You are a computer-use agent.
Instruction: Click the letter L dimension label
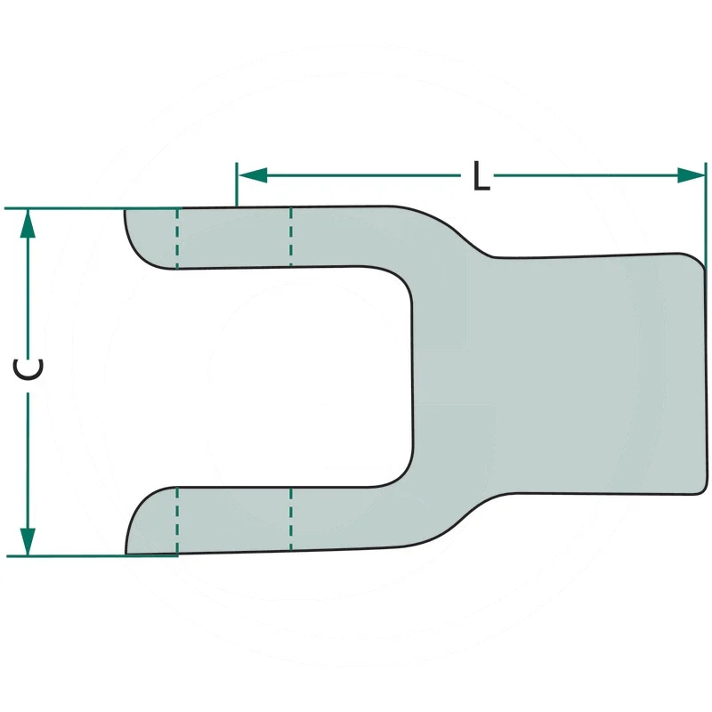pyautogui.click(x=481, y=175)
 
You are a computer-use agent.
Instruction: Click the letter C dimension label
pyautogui.click(x=28, y=369)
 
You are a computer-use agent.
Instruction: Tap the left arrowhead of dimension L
pyautogui.click(x=253, y=175)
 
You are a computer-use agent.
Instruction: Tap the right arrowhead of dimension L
pyautogui.click(x=691, y=175)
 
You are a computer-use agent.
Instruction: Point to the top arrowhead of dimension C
pyautogui.click(x=28, y=223)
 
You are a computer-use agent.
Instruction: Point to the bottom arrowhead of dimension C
pyautogui.click(x=28, y=541)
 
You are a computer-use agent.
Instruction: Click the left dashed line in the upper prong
pyautogui.click(x=177, y=239)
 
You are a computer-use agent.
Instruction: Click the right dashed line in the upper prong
pyautogui.click(x=291, y=237)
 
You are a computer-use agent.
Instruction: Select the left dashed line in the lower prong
pyautogui.click(x=177, y=521)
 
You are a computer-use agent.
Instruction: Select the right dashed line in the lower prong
pyautogui.click(x=291, y=519)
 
